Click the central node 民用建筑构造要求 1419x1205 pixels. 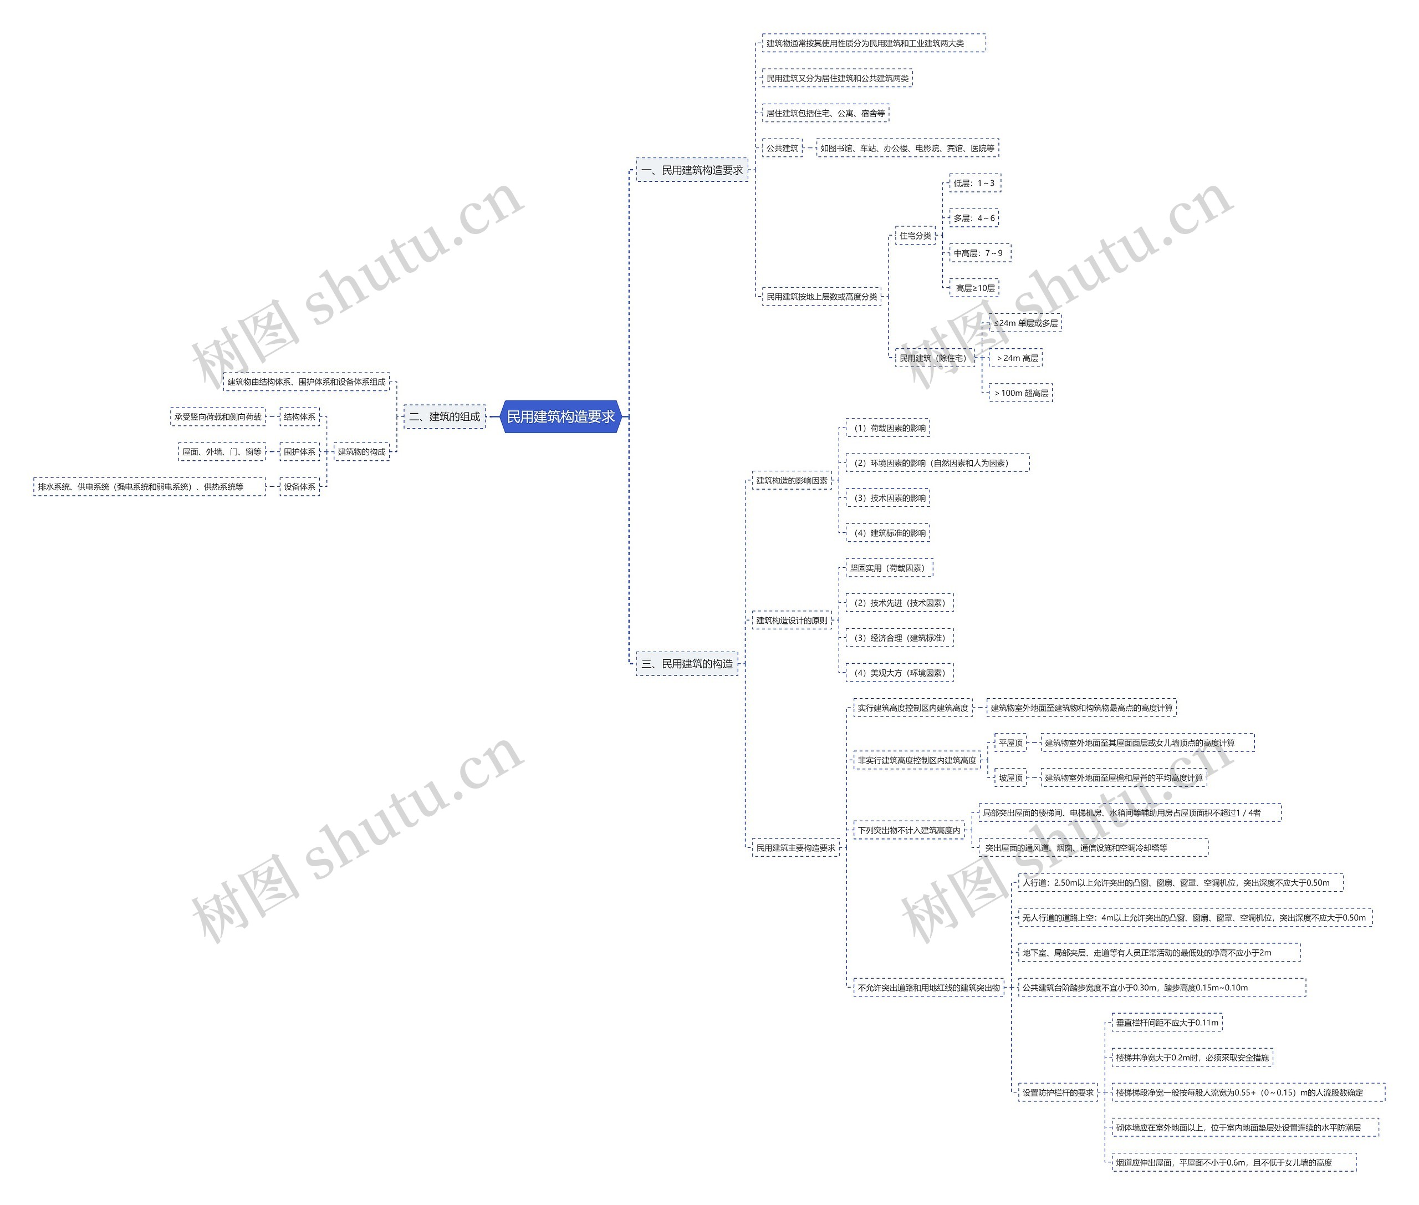[560, 416]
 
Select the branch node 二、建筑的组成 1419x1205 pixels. [444, 416]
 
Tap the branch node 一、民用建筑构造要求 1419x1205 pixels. [692, 170]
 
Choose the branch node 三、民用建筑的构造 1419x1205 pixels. [687, 663]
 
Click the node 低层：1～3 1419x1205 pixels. [974, 183]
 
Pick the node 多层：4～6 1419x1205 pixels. [974, 218]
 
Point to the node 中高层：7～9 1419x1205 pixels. [978, 253]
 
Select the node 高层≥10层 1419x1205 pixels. [974, 288]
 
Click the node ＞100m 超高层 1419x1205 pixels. [1021, 393]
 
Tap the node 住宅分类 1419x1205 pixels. [915, 236]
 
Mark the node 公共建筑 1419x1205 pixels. [782, 148]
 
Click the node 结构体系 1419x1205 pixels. [300, 416]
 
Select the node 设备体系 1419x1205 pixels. [300, 486]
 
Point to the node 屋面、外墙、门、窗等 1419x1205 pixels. [221, 451]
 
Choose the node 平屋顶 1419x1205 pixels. [1010, 743]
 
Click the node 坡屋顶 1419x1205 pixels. [1010, 777]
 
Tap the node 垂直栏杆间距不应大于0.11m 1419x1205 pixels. [1166, 1023]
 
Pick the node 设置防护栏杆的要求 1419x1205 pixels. [1057, 1092]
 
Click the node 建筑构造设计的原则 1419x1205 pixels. [792, 621]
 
